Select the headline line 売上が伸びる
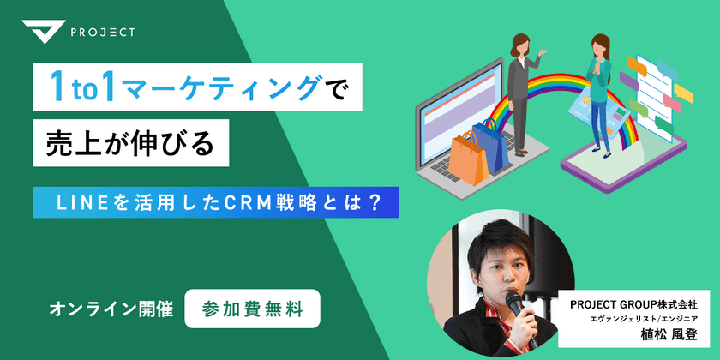129,143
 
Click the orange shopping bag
470,158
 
